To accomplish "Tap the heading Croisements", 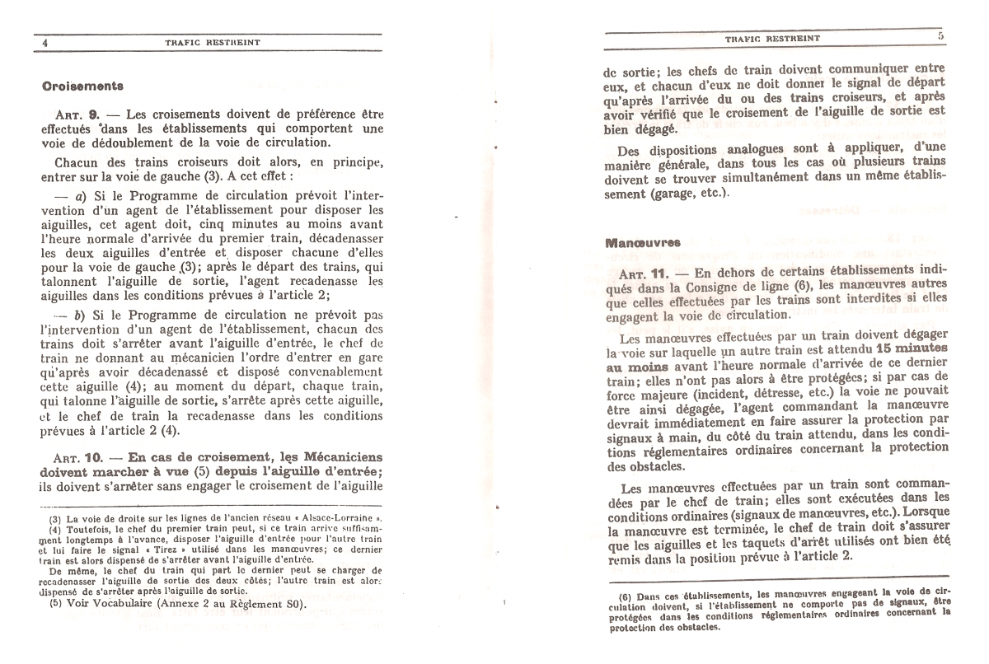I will tap(82, 85).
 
